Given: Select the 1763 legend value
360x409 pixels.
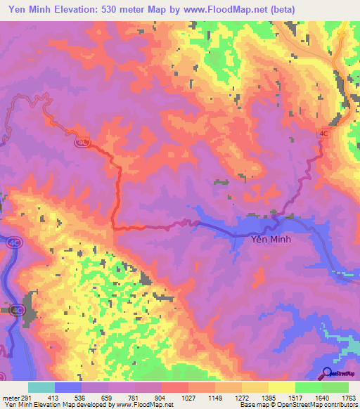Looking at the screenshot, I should point(349,397).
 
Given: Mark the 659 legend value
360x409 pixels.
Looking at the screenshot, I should point(108,397).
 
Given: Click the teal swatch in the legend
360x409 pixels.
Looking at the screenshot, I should point(41,387).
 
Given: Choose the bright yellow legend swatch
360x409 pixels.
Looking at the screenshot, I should point(282,387).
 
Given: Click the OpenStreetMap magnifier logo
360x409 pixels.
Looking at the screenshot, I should point(327,373).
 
